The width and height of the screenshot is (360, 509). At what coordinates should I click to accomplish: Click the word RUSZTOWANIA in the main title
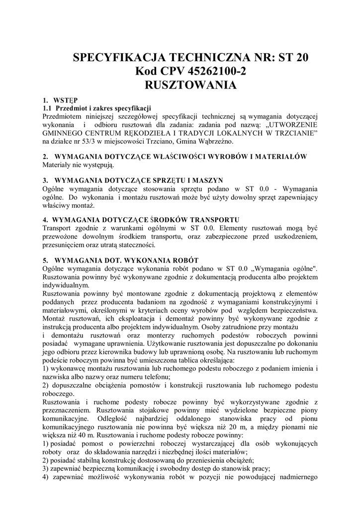tap(190, 85)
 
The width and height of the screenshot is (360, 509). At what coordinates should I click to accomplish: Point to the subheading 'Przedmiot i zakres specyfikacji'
tap(103, 108)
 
